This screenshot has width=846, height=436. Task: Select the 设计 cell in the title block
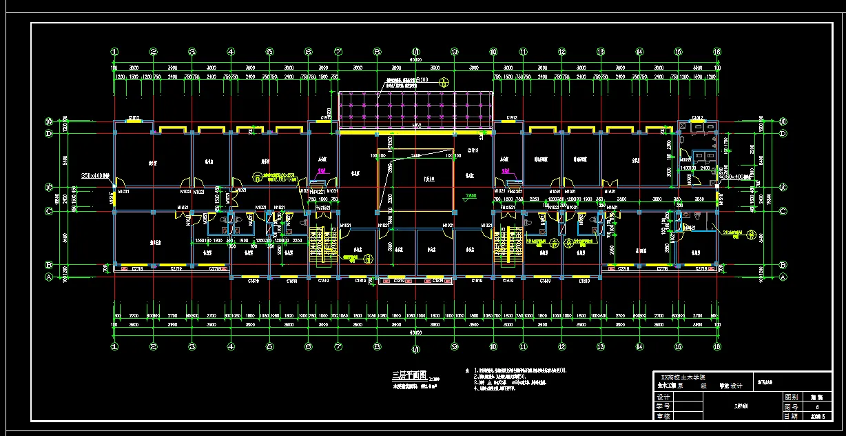point(663,397)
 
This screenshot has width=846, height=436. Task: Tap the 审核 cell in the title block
point(663,416)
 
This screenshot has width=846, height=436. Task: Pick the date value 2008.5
point(817,416)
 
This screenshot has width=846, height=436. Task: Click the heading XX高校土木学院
point(688,377)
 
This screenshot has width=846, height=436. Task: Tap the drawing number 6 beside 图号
point(817,407)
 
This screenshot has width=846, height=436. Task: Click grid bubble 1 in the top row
point(115,52)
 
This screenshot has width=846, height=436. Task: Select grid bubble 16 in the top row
point(717,52)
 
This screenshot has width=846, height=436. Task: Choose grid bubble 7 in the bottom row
point(338,347)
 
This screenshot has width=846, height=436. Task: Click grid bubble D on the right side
point(783,132)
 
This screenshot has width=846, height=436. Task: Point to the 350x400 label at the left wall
point(96,176)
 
